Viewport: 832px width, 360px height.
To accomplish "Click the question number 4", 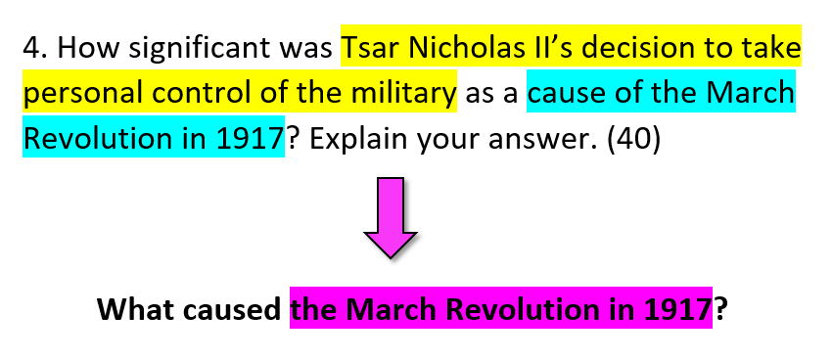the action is point(35,48).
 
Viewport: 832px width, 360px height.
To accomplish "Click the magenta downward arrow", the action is point(391,218).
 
